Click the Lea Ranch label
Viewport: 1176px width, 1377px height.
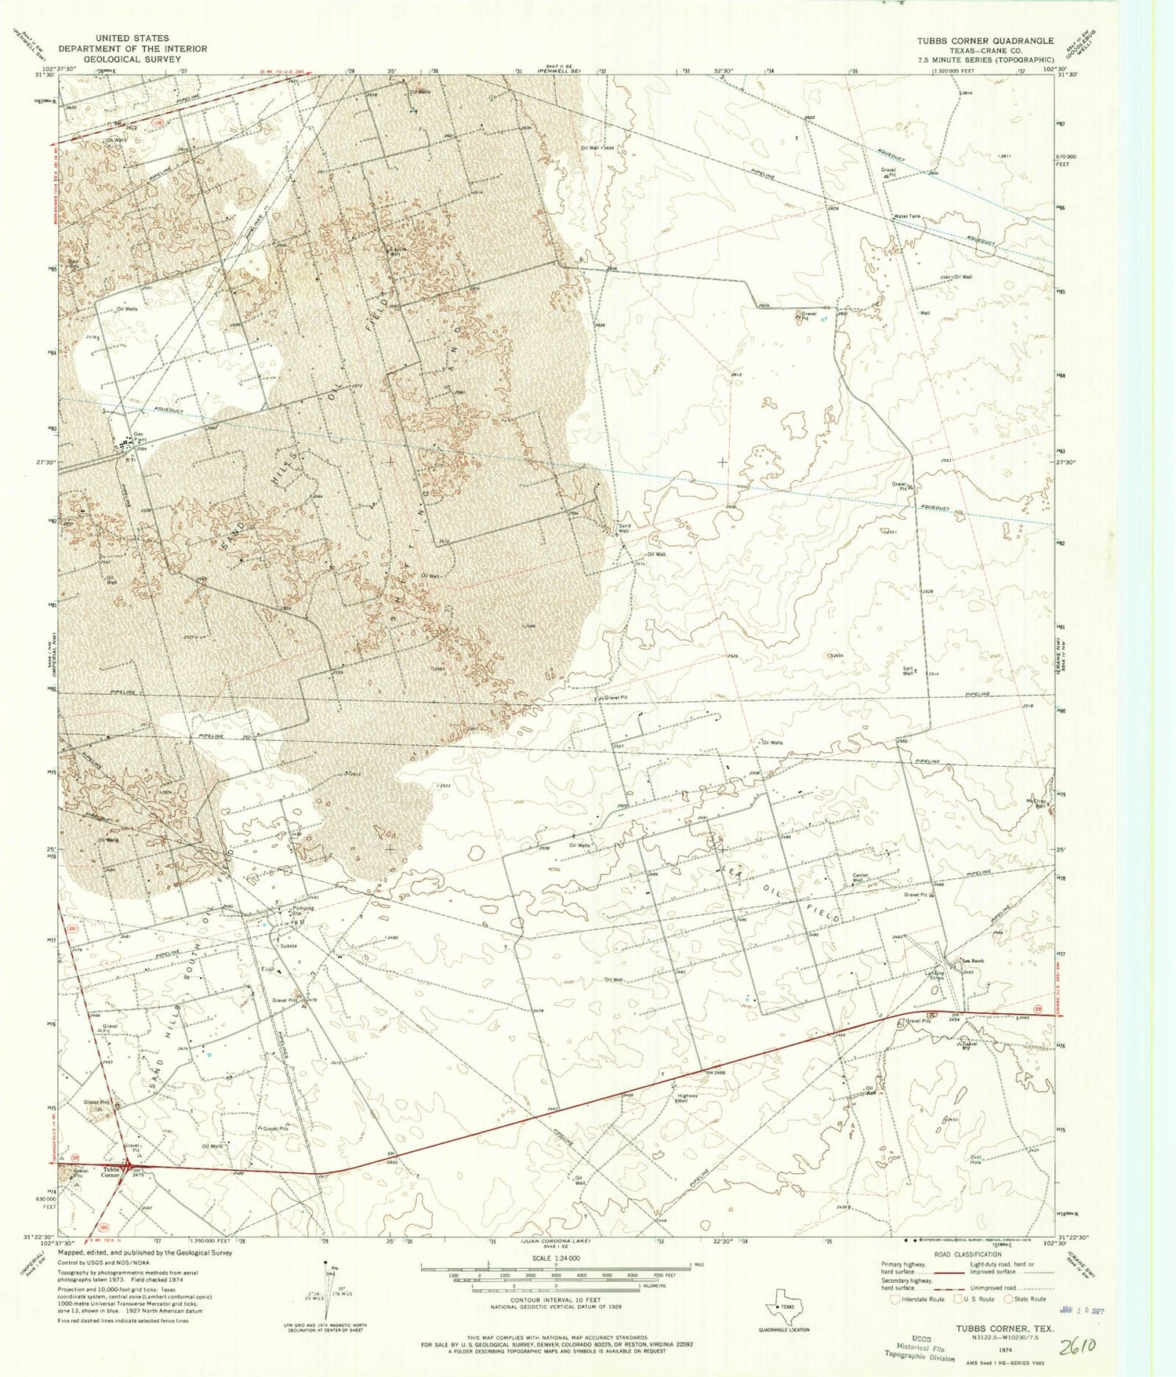962,961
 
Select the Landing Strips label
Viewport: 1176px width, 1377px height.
936,976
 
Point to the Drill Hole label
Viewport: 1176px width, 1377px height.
976,1161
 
